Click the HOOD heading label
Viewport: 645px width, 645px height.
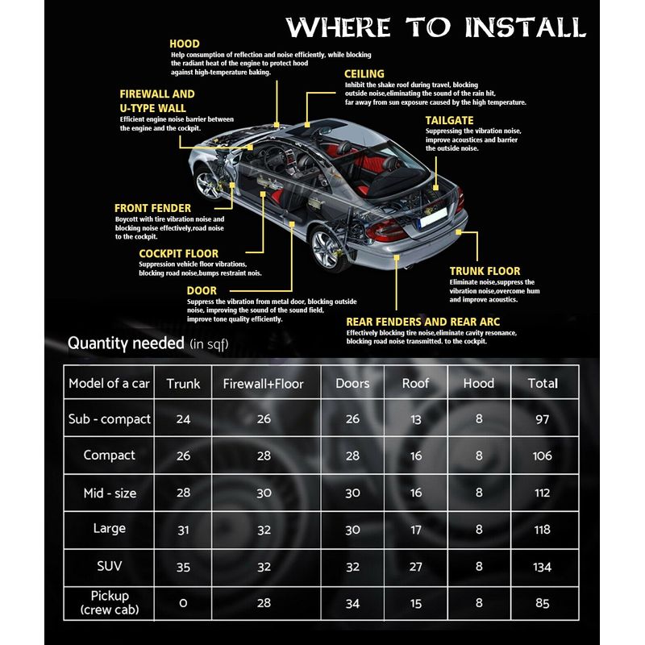(x=185, y=44)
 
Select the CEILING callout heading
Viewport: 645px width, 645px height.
(x=364, y=74)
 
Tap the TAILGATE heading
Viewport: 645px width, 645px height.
(x=449, y=120)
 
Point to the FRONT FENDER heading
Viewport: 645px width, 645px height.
(x=152, y=208)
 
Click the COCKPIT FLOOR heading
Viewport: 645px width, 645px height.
(x=178, y=253)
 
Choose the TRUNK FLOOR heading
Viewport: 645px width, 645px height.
(x=485, y=271)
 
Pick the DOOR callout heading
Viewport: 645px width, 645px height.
(x=202, y=290)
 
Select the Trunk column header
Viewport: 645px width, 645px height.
(x=183, y=384)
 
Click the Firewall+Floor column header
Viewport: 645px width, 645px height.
(x=263, y=384)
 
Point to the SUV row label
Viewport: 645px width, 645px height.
(x=109, y=566)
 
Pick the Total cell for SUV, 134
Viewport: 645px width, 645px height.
(x=542, y=567)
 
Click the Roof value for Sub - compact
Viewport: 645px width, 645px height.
(x=415, y=420)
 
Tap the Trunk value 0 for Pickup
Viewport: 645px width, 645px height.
(x=183, y=603)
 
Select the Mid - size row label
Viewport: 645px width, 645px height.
(x=109, y=493)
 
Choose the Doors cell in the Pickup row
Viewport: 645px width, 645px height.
(x=352, y=603)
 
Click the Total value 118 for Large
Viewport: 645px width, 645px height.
(x=542, y=530)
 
